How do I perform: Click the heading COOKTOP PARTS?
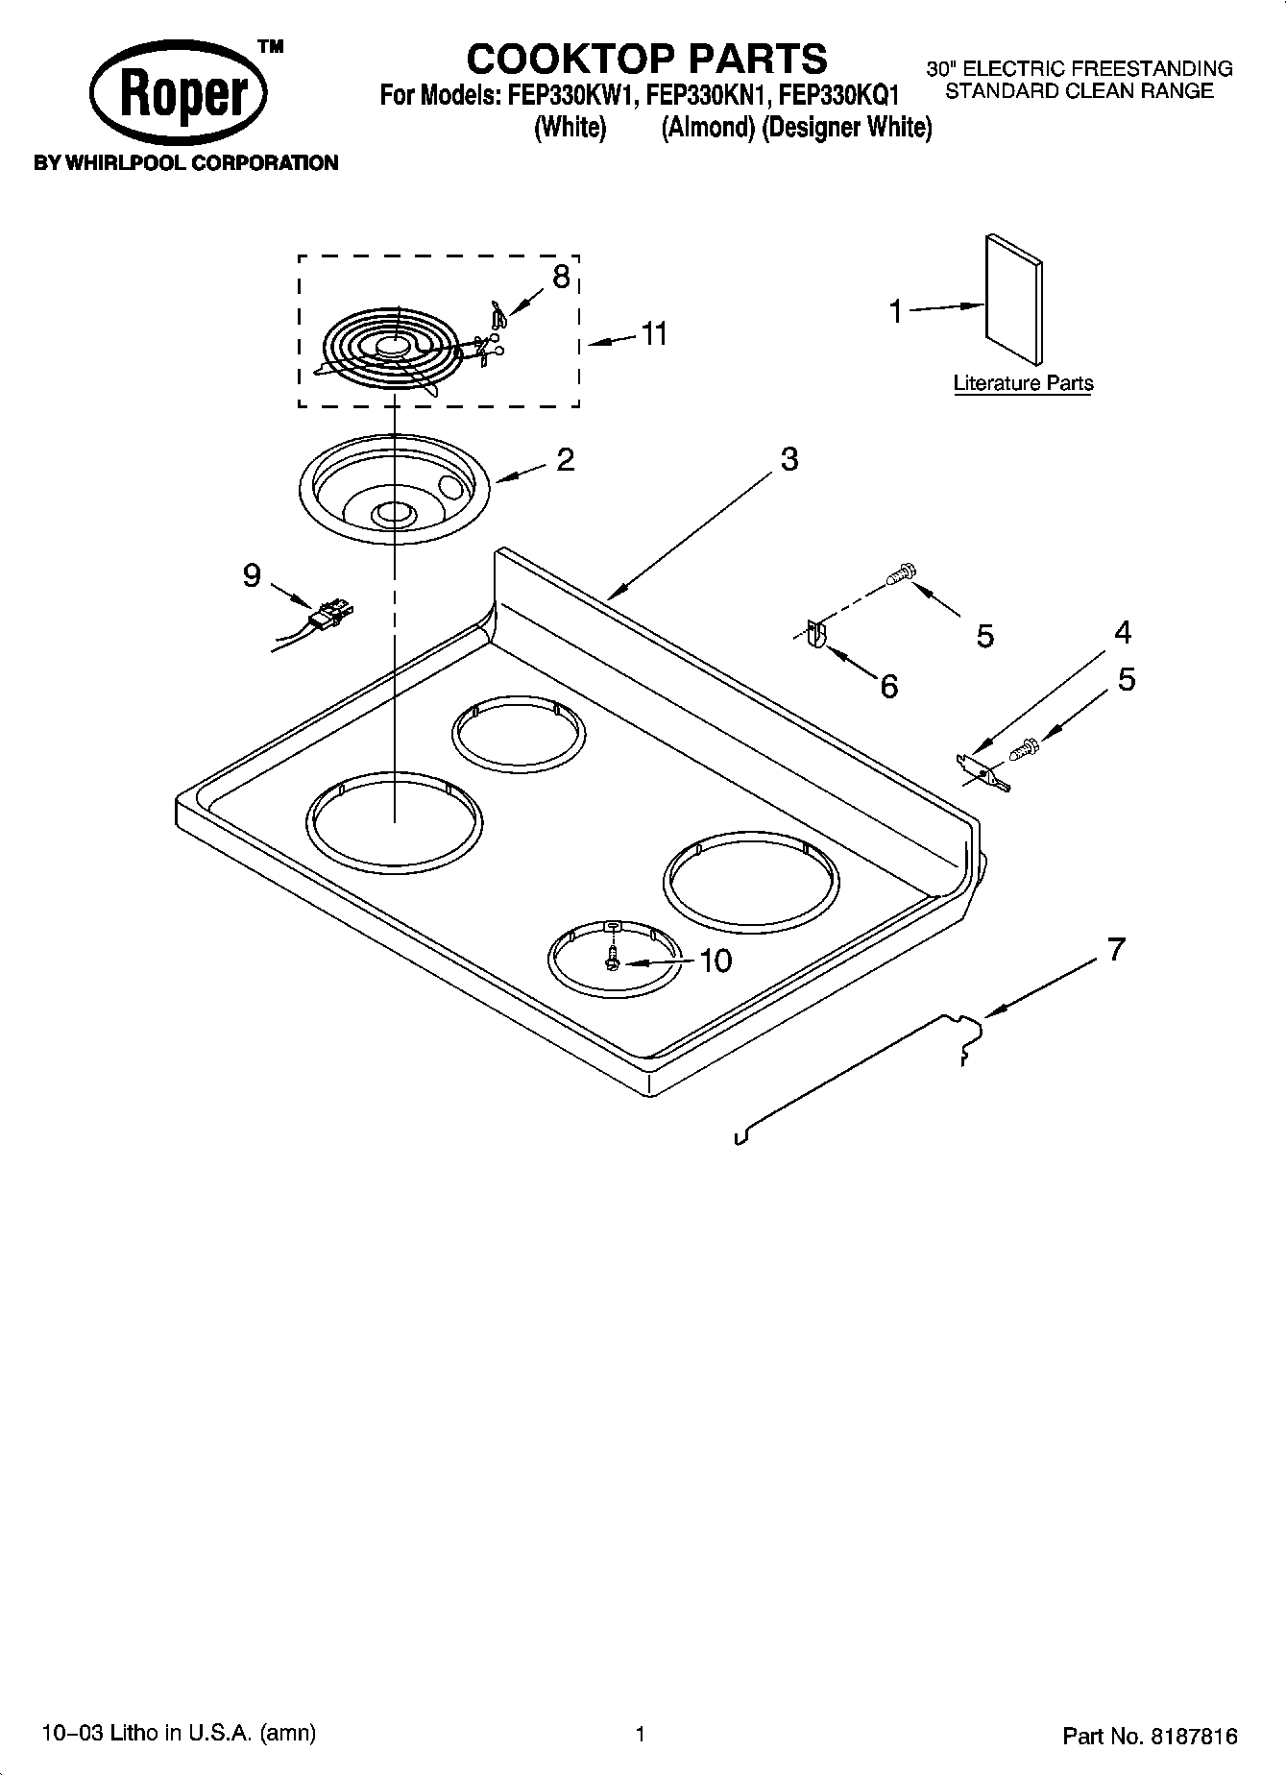645,59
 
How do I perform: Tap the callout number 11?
654,334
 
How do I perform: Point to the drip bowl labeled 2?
396,490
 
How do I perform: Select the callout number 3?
789,459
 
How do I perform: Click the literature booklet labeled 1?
1013,300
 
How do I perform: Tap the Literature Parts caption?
1023,383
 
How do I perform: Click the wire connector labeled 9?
330,613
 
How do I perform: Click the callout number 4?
1123,632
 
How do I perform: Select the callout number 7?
1114,949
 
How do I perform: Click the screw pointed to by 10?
612,959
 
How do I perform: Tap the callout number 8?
561,277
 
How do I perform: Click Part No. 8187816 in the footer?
1149,1737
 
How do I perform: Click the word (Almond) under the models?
708,128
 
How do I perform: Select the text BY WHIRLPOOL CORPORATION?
185,163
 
